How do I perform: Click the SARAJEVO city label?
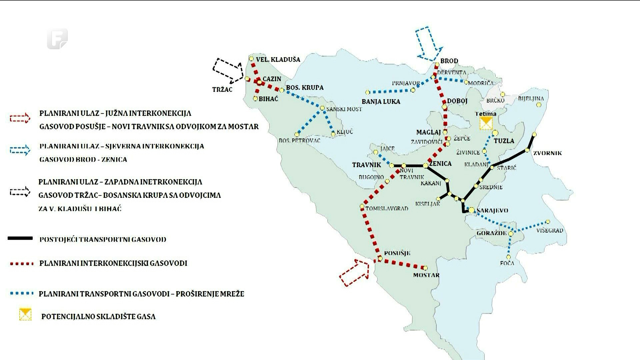(492, 210)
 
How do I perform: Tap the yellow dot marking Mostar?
(425, 268)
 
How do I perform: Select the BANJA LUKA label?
(381, 101)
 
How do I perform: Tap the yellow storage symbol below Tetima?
(486, 123)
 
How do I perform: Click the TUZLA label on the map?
(504, 141)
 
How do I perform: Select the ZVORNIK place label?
(547, 153)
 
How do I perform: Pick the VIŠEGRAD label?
(549, 230)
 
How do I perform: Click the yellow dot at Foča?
(508, 257)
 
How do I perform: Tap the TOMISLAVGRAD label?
(387, 209)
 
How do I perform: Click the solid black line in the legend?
(20, 238)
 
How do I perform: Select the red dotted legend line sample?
(22, 264)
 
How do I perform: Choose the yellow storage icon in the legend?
(25, 315)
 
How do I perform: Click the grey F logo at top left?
(57, 39)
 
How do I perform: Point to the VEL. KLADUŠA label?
(278, 60)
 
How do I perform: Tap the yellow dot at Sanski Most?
(322, 108)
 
